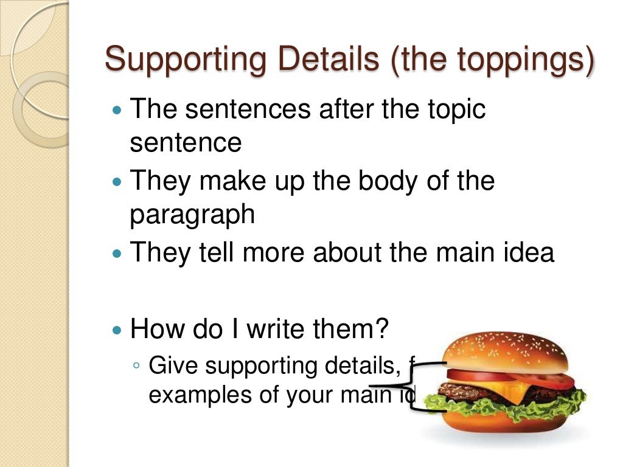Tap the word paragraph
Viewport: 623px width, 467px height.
click(x=192, y=216)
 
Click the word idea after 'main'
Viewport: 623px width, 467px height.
click(x=528, y=252)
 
